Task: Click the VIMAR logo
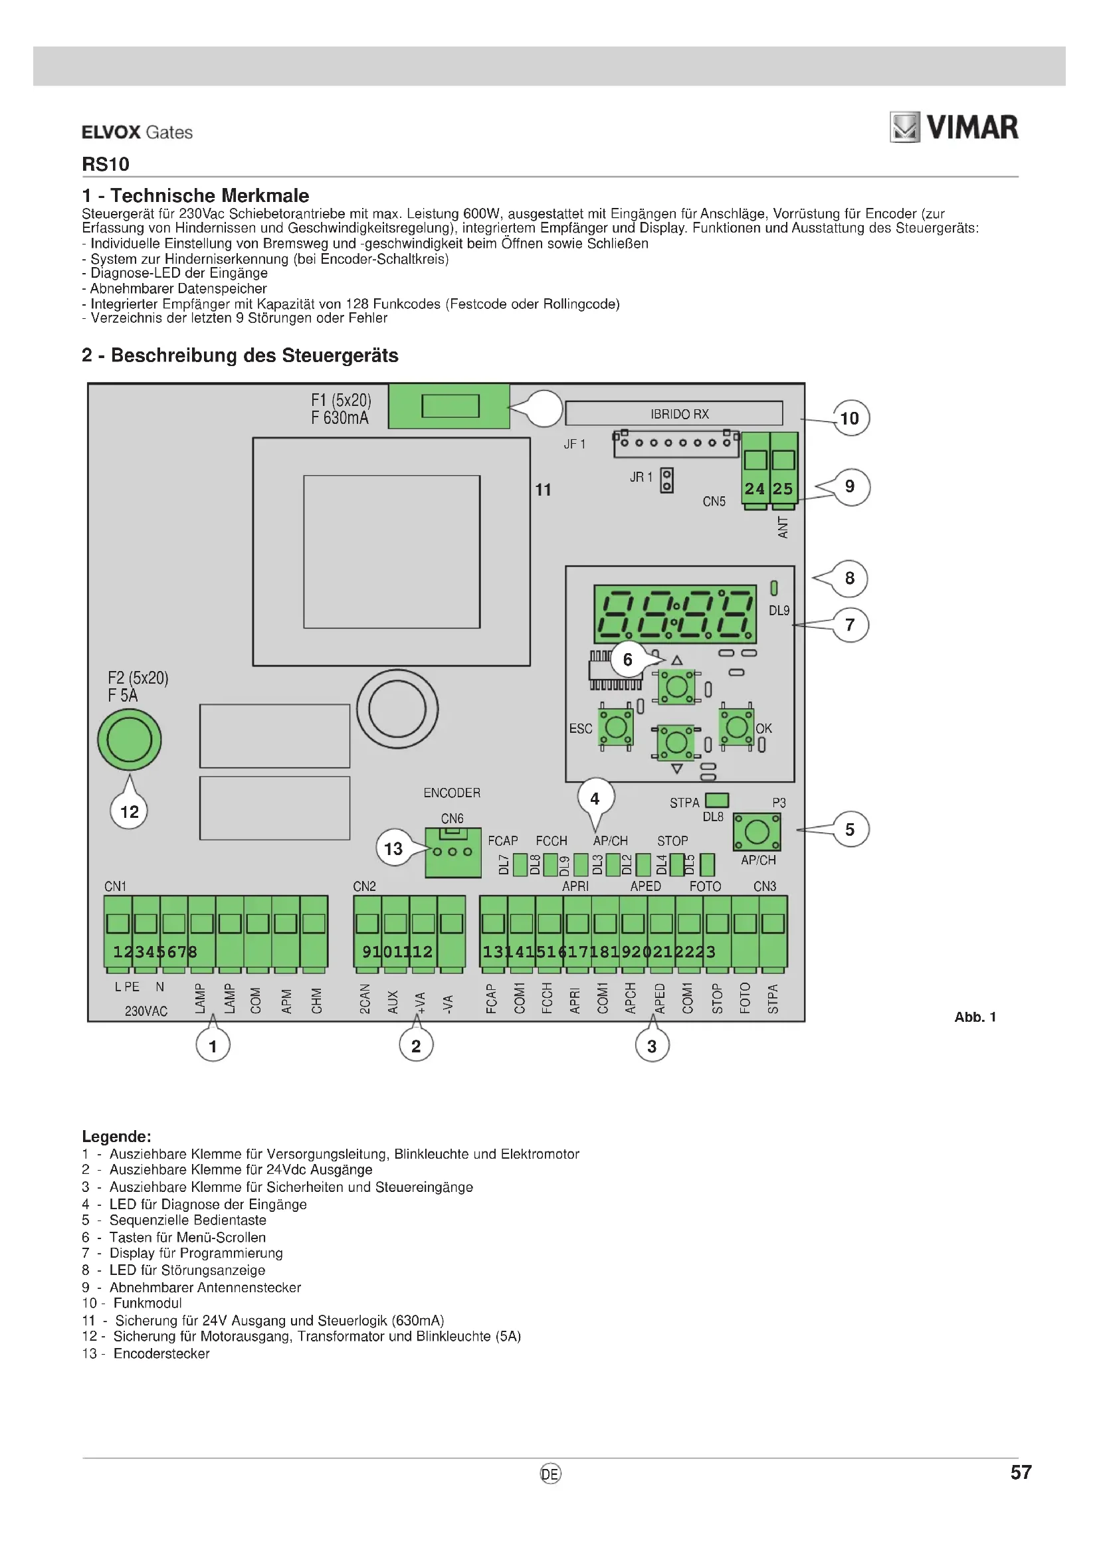click(x=953, y=128)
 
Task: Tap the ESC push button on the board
click(x=615, y=728)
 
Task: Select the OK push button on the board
click(x=736, y=728)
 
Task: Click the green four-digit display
click(x=674, y=614)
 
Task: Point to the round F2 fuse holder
click(x=130, y=739)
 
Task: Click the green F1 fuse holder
click(x=449, y=406)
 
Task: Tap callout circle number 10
click(x=850, y=419)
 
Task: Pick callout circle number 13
click(x=393, y=848)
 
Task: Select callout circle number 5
click(x=850, y=830)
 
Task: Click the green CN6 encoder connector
click(x=452, y=854)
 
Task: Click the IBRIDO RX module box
click(x=674, y=413)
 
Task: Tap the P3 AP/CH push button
click(x=757, y=832)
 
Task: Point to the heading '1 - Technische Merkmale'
click(x=195, y=196)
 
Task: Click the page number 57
click(x=1021, y=1473)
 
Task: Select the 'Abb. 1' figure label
click(x=975, y=1017)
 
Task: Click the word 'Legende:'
click(x=116, y=1136)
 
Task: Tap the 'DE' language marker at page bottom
click(x=550, y=1474)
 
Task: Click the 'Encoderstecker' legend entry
click(x=161, y=1353)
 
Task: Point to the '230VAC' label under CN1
click(x=146, y=1011)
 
